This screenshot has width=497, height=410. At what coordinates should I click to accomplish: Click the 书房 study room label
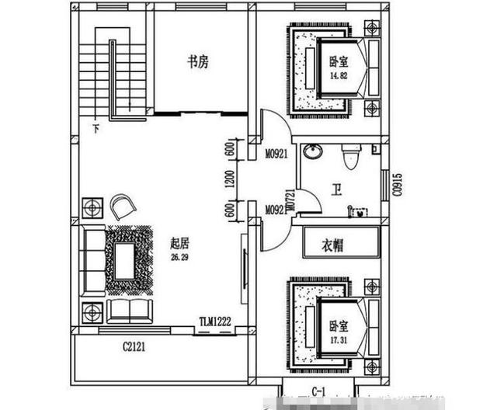coord(197,63)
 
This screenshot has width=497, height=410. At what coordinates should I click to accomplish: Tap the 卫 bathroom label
coord(335,189)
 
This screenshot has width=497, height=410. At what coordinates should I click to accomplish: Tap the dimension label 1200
coord(231,181)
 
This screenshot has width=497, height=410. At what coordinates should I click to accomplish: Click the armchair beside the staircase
coord(123,206)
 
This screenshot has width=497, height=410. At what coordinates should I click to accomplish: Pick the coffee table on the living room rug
coord(123,259)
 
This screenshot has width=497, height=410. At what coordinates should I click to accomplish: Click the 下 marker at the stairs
coord(96,128)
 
